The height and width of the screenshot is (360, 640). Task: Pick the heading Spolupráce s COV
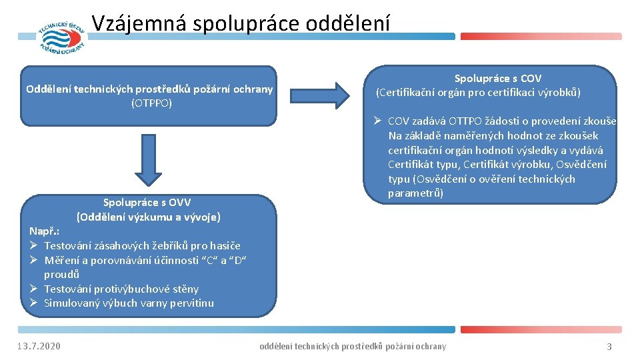click(x=497, y=79)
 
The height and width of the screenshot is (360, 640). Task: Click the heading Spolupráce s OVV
click(x=147, y=202)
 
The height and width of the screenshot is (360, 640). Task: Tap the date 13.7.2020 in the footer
click(x=39, y=346)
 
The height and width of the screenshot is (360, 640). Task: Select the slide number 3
click(x=609, y=347)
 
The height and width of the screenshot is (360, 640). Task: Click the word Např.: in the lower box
click(x=45, y=231)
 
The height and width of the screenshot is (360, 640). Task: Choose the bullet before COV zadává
click(x=377, y=121)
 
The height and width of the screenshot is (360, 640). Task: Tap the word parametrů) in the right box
click(x=415, y=193)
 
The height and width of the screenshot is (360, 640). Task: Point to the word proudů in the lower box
click(x=62, y=274)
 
